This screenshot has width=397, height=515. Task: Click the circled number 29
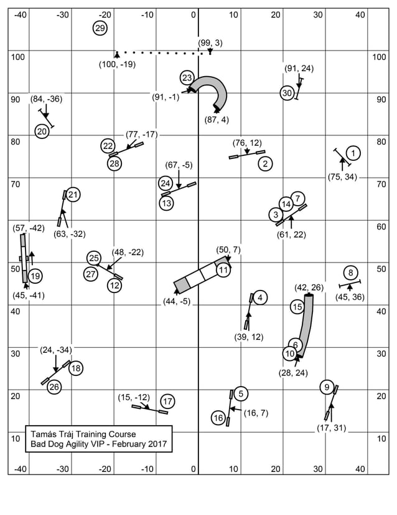(x=100, y=27)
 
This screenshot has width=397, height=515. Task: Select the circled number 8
(x=351, y=272)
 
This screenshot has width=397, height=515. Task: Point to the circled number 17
(x=167, y=401)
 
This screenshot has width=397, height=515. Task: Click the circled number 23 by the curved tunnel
(x=187, y=78)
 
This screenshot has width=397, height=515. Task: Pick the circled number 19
(x=35, y=276)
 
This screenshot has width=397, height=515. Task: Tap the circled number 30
(x=287, y=93)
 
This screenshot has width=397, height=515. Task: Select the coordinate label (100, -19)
(x=117, y=64)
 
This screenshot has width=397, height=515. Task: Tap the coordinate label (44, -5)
(x=177, y=301)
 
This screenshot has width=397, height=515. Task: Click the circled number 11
(x=223, y=270)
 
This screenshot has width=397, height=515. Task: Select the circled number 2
(x=265, y=164)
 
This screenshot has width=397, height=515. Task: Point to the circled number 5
(x=240, y=393)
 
